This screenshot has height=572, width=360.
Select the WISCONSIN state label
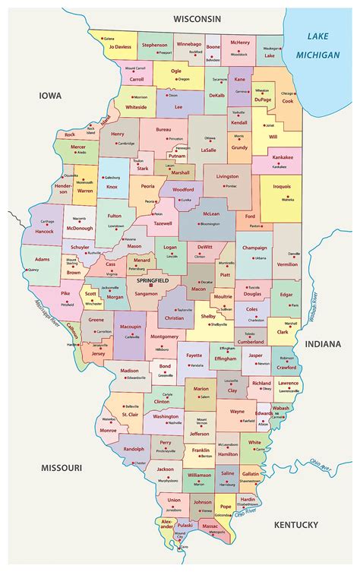point(197,17)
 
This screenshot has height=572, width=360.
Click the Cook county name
point(287,100)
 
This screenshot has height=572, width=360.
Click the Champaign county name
point(255,248)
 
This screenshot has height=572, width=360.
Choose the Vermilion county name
point(287,264)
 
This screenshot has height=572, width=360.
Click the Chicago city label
point(288,93)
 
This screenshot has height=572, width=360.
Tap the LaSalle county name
point(208,150)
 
